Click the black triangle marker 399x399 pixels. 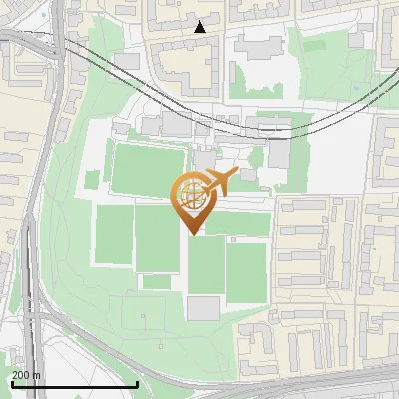(200, 27)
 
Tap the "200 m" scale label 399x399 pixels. (26, 375)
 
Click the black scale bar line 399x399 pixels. (74, 384)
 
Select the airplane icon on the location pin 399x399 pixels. (220, 182)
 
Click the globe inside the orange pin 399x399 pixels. (190, 197)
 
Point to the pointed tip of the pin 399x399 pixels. (191, 235)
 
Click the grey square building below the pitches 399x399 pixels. (203, 307)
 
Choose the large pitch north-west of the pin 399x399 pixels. (148, 168)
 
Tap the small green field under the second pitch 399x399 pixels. (157, 282)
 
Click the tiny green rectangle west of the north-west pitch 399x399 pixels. (93, 180)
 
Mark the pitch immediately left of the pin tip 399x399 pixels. (157, 238)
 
